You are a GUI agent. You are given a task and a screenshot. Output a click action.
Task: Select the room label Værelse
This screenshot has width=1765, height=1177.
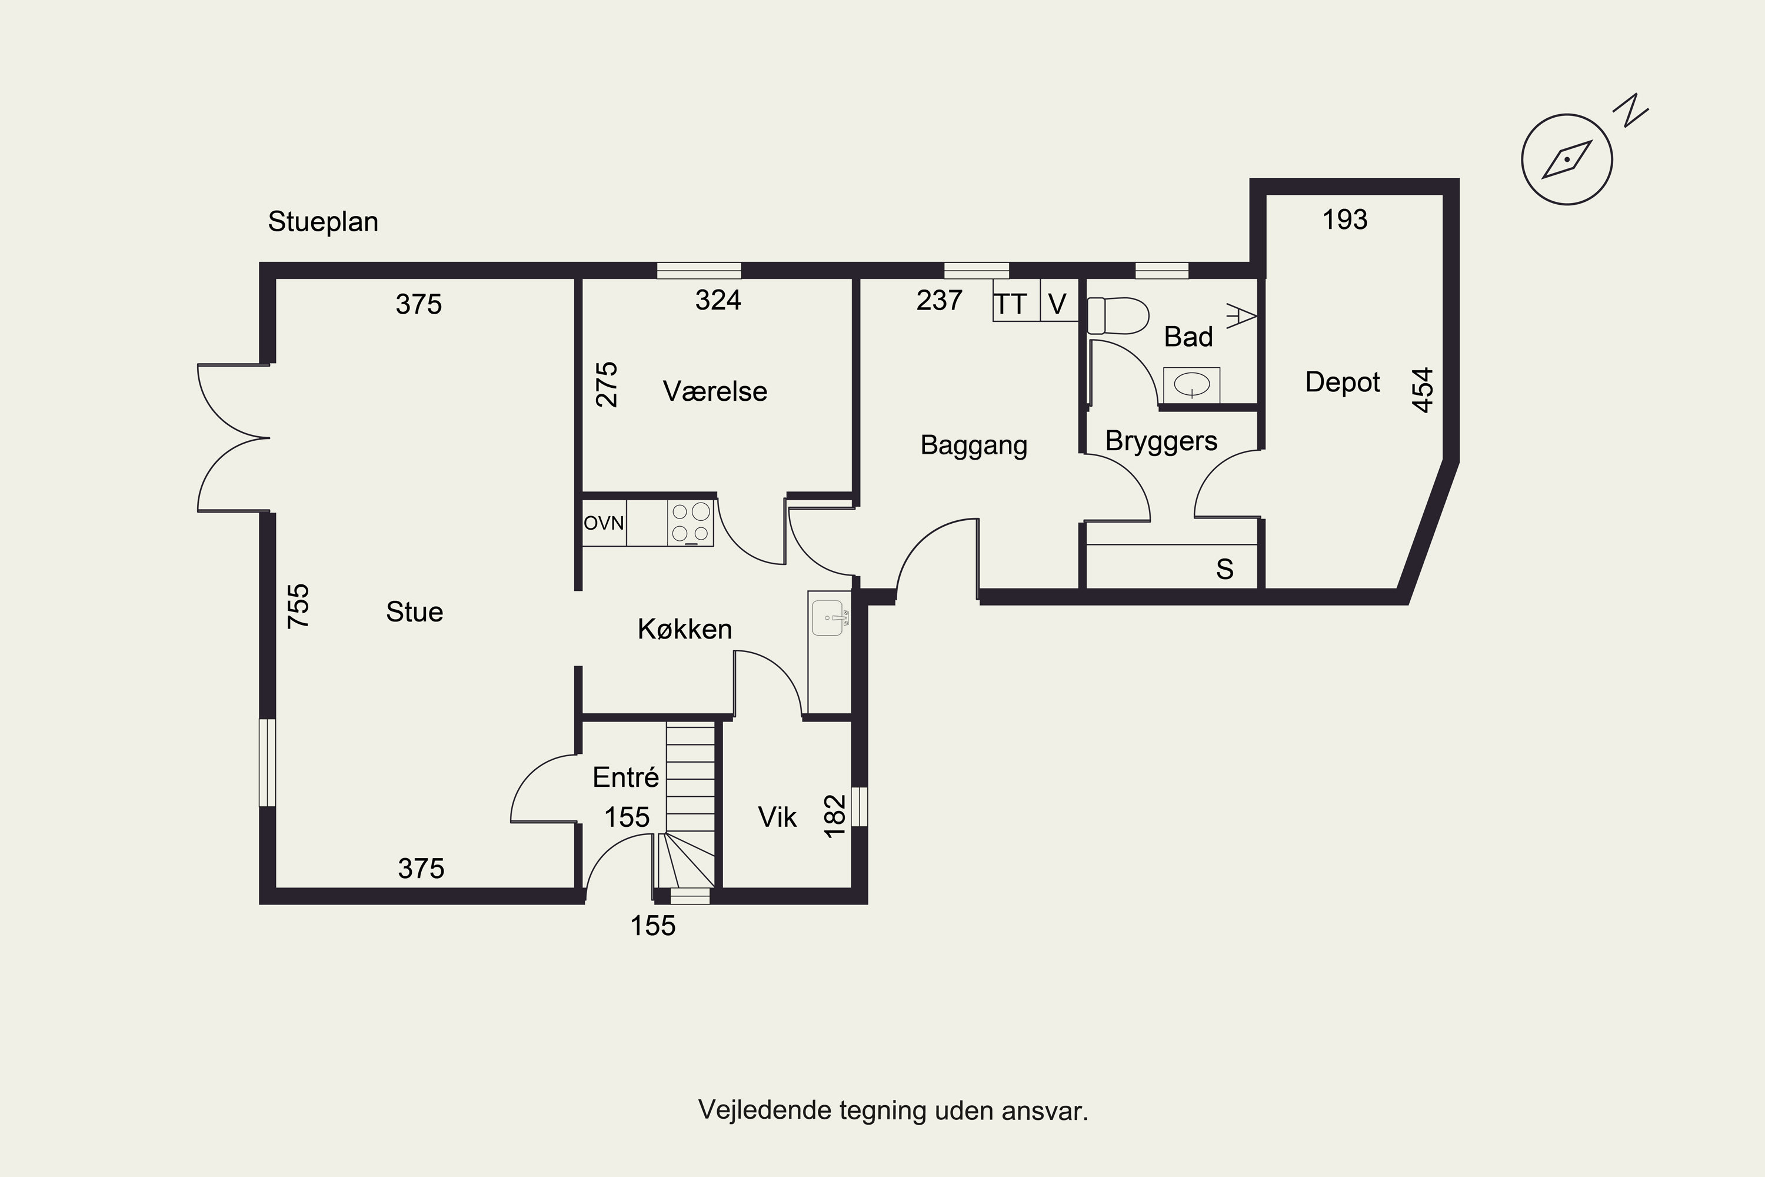coord(715,391)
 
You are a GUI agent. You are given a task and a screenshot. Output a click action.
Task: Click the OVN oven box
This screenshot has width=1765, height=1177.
coord(604,523)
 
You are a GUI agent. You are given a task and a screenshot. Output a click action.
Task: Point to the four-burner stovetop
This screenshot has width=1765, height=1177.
coord(690,523)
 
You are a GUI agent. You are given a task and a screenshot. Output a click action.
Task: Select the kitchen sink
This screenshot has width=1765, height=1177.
coord(829,618)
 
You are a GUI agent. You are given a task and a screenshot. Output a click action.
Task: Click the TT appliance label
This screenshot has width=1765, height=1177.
coord(1010,304)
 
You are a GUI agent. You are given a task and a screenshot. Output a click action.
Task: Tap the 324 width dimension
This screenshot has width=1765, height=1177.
coord(718,300)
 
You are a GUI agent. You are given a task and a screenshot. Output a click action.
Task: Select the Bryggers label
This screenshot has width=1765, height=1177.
coord(1161,441)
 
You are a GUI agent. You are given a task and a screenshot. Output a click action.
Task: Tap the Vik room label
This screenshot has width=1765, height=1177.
coord(777,817)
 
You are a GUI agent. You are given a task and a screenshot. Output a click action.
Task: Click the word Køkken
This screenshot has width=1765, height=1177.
coord(684,629)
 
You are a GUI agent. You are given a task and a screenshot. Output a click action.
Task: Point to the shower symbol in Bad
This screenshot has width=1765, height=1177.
coord(1241,316)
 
